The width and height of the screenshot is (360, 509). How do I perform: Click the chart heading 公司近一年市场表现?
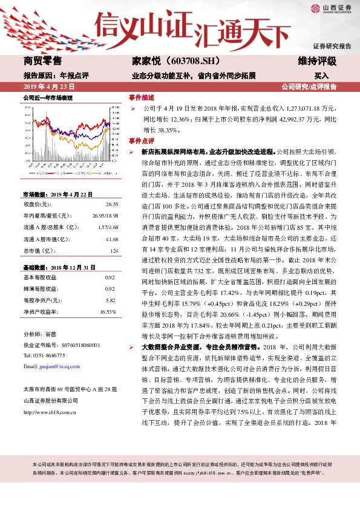[x=48, y=97]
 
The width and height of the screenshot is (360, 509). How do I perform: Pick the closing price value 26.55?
[x=111, y=204]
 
